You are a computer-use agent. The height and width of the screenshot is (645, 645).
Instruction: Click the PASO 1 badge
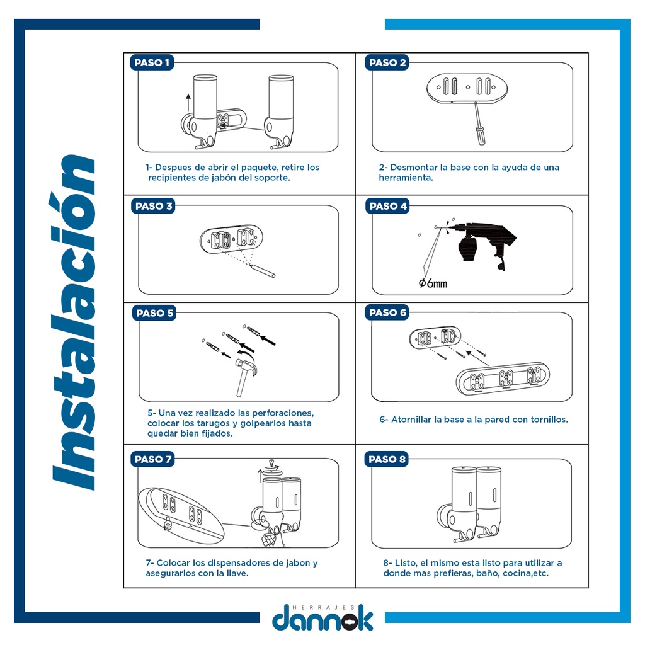click(x=152, y=62)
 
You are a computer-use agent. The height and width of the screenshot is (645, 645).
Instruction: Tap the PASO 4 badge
click(x=387, y=206)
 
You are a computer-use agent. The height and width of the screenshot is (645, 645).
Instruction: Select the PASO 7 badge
click(x=152, y=459)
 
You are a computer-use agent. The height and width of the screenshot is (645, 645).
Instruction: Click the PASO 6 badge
click(x=387, y=312)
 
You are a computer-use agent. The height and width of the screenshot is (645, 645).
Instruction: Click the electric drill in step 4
click(x=481, y=243)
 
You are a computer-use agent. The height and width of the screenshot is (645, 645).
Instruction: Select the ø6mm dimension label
click(x=433, y=283)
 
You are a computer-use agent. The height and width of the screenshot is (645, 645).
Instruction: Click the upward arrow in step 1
click(x=188, y=103)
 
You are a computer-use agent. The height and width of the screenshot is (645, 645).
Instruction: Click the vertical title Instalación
click(x=74, y=322)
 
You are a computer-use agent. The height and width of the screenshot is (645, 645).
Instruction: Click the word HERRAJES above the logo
click(x=323, y=607)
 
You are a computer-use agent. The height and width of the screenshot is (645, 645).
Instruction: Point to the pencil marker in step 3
click(x=263, y=271)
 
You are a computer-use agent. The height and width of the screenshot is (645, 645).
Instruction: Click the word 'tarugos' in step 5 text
click(x=212, y=423)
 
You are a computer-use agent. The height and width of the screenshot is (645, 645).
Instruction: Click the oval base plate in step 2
click(x=467, y=88)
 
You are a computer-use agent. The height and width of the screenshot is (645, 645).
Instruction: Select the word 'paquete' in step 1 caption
click(x=258, y=168)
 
